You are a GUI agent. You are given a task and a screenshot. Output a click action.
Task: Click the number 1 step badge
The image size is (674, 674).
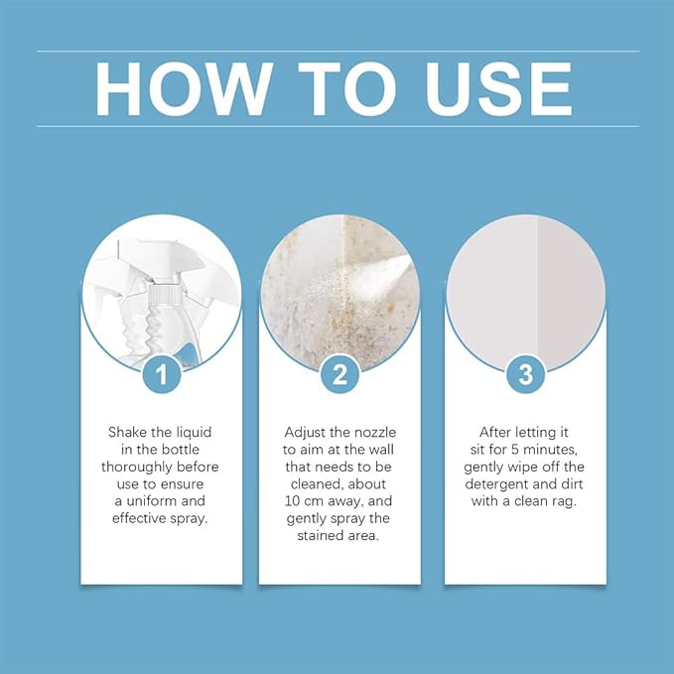point(162,374)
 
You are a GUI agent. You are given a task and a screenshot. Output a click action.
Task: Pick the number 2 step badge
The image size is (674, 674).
point(340,374)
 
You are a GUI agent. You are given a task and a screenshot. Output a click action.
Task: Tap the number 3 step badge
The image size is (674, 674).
point(526,374)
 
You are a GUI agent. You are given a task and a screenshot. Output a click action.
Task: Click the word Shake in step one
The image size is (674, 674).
point(128,432)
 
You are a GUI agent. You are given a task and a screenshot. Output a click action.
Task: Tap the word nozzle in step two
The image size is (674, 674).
point(374,432)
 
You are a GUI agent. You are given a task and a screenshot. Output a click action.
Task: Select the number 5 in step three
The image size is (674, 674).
point(515,450)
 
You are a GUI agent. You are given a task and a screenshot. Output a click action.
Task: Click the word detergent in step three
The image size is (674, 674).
point(496,484)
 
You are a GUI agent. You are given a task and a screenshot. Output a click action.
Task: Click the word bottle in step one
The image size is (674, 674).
point(180,450)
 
